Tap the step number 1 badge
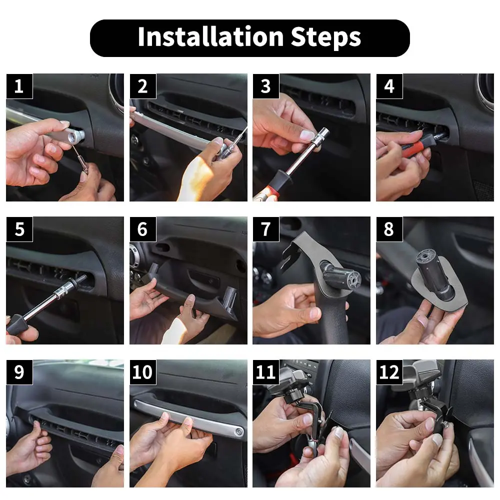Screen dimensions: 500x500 click(19, 86)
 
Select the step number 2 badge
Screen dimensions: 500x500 click(143, 86)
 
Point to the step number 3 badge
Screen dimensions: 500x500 click(266, 86)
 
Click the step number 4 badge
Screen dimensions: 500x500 click(389, 86)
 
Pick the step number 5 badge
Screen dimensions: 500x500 click(19, 229)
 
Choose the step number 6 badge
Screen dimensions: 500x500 click(143, 229)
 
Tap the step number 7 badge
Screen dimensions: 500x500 click(266, 229)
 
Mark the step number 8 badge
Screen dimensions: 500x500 click(389, 229)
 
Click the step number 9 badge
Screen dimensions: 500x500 click(19, 372)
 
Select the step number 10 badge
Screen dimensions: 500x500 click(143, 372)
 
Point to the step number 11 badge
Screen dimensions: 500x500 click(266, 372)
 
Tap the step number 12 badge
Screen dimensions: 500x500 click(389, 372)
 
